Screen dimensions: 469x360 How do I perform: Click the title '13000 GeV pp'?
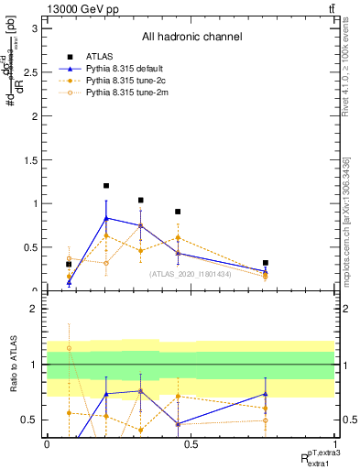coord(81,8)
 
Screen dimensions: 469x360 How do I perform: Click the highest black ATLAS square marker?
coord(106,186)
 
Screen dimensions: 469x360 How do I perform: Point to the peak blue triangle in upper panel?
coord(106,218)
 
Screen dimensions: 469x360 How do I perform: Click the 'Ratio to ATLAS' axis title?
coord(13,366)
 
